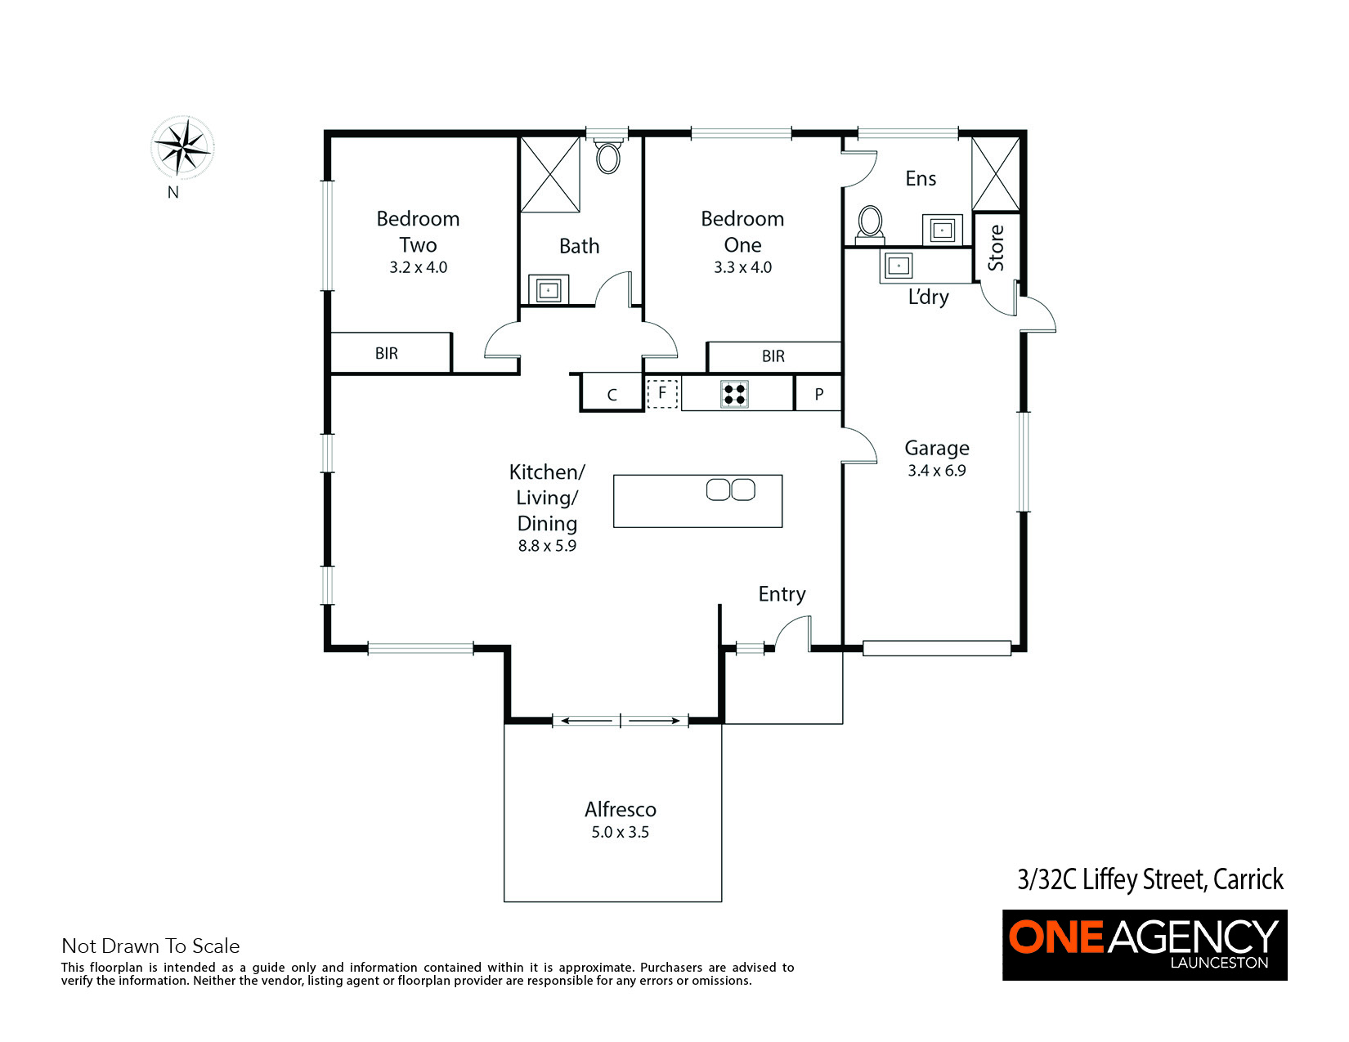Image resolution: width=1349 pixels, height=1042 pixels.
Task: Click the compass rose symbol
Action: pyautogui.click(x=182, y=148)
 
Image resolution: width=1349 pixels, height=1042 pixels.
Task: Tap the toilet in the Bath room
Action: pyautogui.click(x=607, y=158)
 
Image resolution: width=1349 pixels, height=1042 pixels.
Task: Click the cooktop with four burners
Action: pyautogui.click(x=734, y=394)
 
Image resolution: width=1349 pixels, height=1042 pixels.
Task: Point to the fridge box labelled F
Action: pyautogui.click(x=662, y=393)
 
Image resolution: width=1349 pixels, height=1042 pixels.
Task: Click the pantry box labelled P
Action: pyautogui.click(x=819, y=393)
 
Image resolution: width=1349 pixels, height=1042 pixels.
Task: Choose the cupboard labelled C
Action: pyautogui.click(x=612, y=393)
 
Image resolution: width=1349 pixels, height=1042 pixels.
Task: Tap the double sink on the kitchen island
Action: pyautogui.click(x=731, y=490)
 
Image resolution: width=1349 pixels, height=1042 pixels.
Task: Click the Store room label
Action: pyautogui.click(x=996, y=248)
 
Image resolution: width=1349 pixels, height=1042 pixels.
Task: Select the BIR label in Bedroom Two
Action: pyautogui.click(x=386, y=353)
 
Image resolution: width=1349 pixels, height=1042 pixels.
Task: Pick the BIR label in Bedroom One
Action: pyautogui.click(x=773, y=356)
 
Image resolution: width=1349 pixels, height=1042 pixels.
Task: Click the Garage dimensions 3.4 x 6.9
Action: pyautogui.click(x=936, y=471)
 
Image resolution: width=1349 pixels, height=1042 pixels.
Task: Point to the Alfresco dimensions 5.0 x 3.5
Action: pyautogui.click(x=620, y=832)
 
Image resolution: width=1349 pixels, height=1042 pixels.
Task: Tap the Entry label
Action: pyautogui.click(x=782, y=594)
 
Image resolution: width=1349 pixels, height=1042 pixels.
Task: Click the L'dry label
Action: pyautogui.click(x=928, y=297)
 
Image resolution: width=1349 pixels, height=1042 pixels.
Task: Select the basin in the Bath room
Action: pyautogui.click(x=548, y=290)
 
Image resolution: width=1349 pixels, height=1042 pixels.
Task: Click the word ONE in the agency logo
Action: pyautogui.click(x=1055, y=937)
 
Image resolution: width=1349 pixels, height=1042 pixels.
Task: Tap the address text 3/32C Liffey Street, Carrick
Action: pyautogui.click(x=1150, y=879)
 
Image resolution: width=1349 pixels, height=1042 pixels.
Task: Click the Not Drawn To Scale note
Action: pyautogui.click(x=150, y=946)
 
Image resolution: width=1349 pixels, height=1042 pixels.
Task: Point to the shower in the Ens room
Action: pyautogui.click(x=995, y=174)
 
